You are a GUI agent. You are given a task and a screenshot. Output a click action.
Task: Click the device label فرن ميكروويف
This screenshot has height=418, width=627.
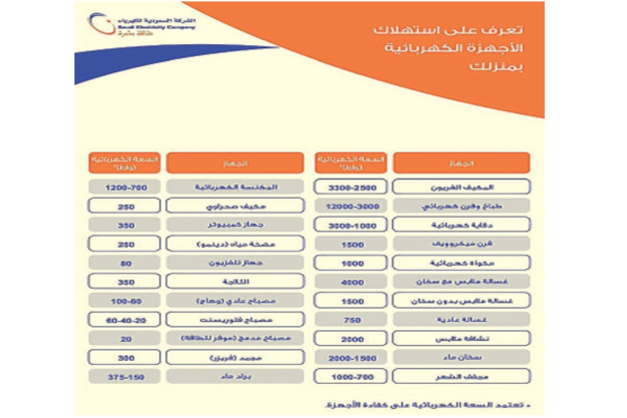click(461, 244)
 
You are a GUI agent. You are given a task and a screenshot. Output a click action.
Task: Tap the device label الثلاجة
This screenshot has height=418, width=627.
click(235, 282)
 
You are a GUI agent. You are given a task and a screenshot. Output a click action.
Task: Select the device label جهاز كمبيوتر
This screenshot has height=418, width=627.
click(235, 225)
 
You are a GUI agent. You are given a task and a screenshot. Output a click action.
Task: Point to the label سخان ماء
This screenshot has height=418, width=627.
click(461, 358)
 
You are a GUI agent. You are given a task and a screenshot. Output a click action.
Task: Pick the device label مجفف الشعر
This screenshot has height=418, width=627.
click(461, 377)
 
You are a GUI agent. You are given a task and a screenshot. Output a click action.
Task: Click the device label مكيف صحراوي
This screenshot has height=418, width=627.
click(235, 206)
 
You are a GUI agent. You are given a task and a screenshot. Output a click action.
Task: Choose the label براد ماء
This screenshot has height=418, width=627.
click(235, 377)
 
